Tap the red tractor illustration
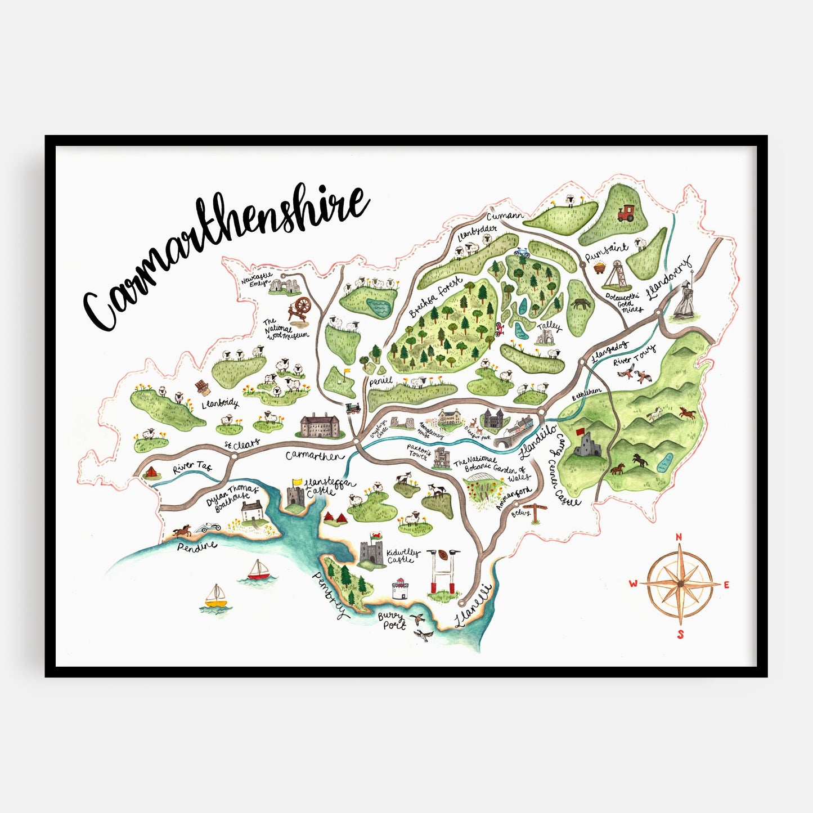(625, 213)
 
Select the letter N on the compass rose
(679, 537)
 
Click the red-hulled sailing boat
(259, 571)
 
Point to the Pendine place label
(197, 546)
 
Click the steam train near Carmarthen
(353, 408)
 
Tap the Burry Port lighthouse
(399, 589)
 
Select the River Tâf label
(192, 466)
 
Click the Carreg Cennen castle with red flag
(587, 444)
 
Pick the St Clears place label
(242, 445)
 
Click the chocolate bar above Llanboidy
(200, 387)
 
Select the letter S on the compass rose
(680, 635)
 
